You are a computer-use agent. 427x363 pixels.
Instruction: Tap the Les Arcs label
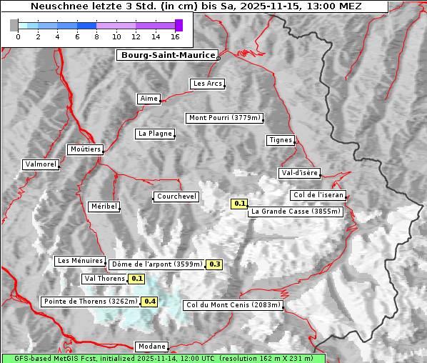(208, 84)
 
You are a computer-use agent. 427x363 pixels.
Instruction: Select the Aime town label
(149, 99)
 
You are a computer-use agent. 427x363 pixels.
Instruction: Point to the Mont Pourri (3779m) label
(225, 118)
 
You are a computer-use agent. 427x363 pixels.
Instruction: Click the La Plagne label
(155, 134)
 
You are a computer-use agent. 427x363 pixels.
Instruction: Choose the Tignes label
(281, 140)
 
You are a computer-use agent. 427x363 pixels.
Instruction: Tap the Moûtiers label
(85, 149)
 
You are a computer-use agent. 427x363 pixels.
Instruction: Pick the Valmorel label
(41, 164)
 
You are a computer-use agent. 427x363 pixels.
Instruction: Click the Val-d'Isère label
(299, 173)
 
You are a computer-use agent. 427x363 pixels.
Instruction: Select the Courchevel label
(176, 197)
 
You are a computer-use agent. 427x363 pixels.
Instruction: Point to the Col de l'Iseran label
(318, 195)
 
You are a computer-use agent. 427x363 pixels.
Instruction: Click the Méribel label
(104, 207)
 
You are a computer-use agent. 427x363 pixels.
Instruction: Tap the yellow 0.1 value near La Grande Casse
(239, 204)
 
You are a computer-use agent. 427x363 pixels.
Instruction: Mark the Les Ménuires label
(80, 261)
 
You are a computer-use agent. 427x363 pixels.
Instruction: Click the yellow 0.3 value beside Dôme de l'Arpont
(214, 264)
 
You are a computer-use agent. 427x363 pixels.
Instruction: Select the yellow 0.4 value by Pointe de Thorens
(150, 302)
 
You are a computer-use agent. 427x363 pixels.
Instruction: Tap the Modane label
(151, 346)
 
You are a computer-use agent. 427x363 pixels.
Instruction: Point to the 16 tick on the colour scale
(176, 36)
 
